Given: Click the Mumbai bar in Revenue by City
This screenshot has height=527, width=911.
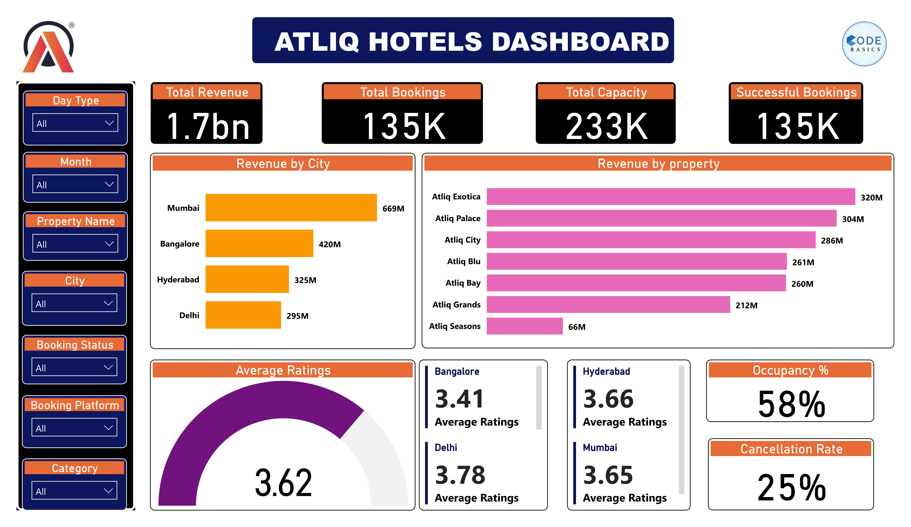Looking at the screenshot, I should pyautogui.click(x=291, y=208).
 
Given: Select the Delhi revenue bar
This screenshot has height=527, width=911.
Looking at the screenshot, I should pyautogui.click(x=243, y=315).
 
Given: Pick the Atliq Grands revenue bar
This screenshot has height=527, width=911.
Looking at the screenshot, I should pyautogui.click(x=608, y=305).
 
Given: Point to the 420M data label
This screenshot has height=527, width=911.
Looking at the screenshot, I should pyautogui.click(x=329, y=245).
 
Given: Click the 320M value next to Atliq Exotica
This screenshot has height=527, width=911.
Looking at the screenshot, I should pyautogui.click(x=871, y=197).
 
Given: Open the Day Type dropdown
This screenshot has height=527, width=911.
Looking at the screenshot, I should pyautogui.click(x=75, y=123).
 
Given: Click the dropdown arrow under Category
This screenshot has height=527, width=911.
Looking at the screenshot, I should pyautogui.click(x=108, y=491).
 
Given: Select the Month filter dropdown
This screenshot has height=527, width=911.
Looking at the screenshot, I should pyautogui.click(x=75, y=184).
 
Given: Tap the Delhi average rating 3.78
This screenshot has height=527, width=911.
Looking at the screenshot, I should pyautogui.click(x=460, y=475).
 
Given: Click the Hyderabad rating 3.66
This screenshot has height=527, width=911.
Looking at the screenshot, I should pyautogui.click(x=608, y=399).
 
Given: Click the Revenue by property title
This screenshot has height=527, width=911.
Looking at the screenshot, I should pyautogui.click(x=658, y=164).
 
